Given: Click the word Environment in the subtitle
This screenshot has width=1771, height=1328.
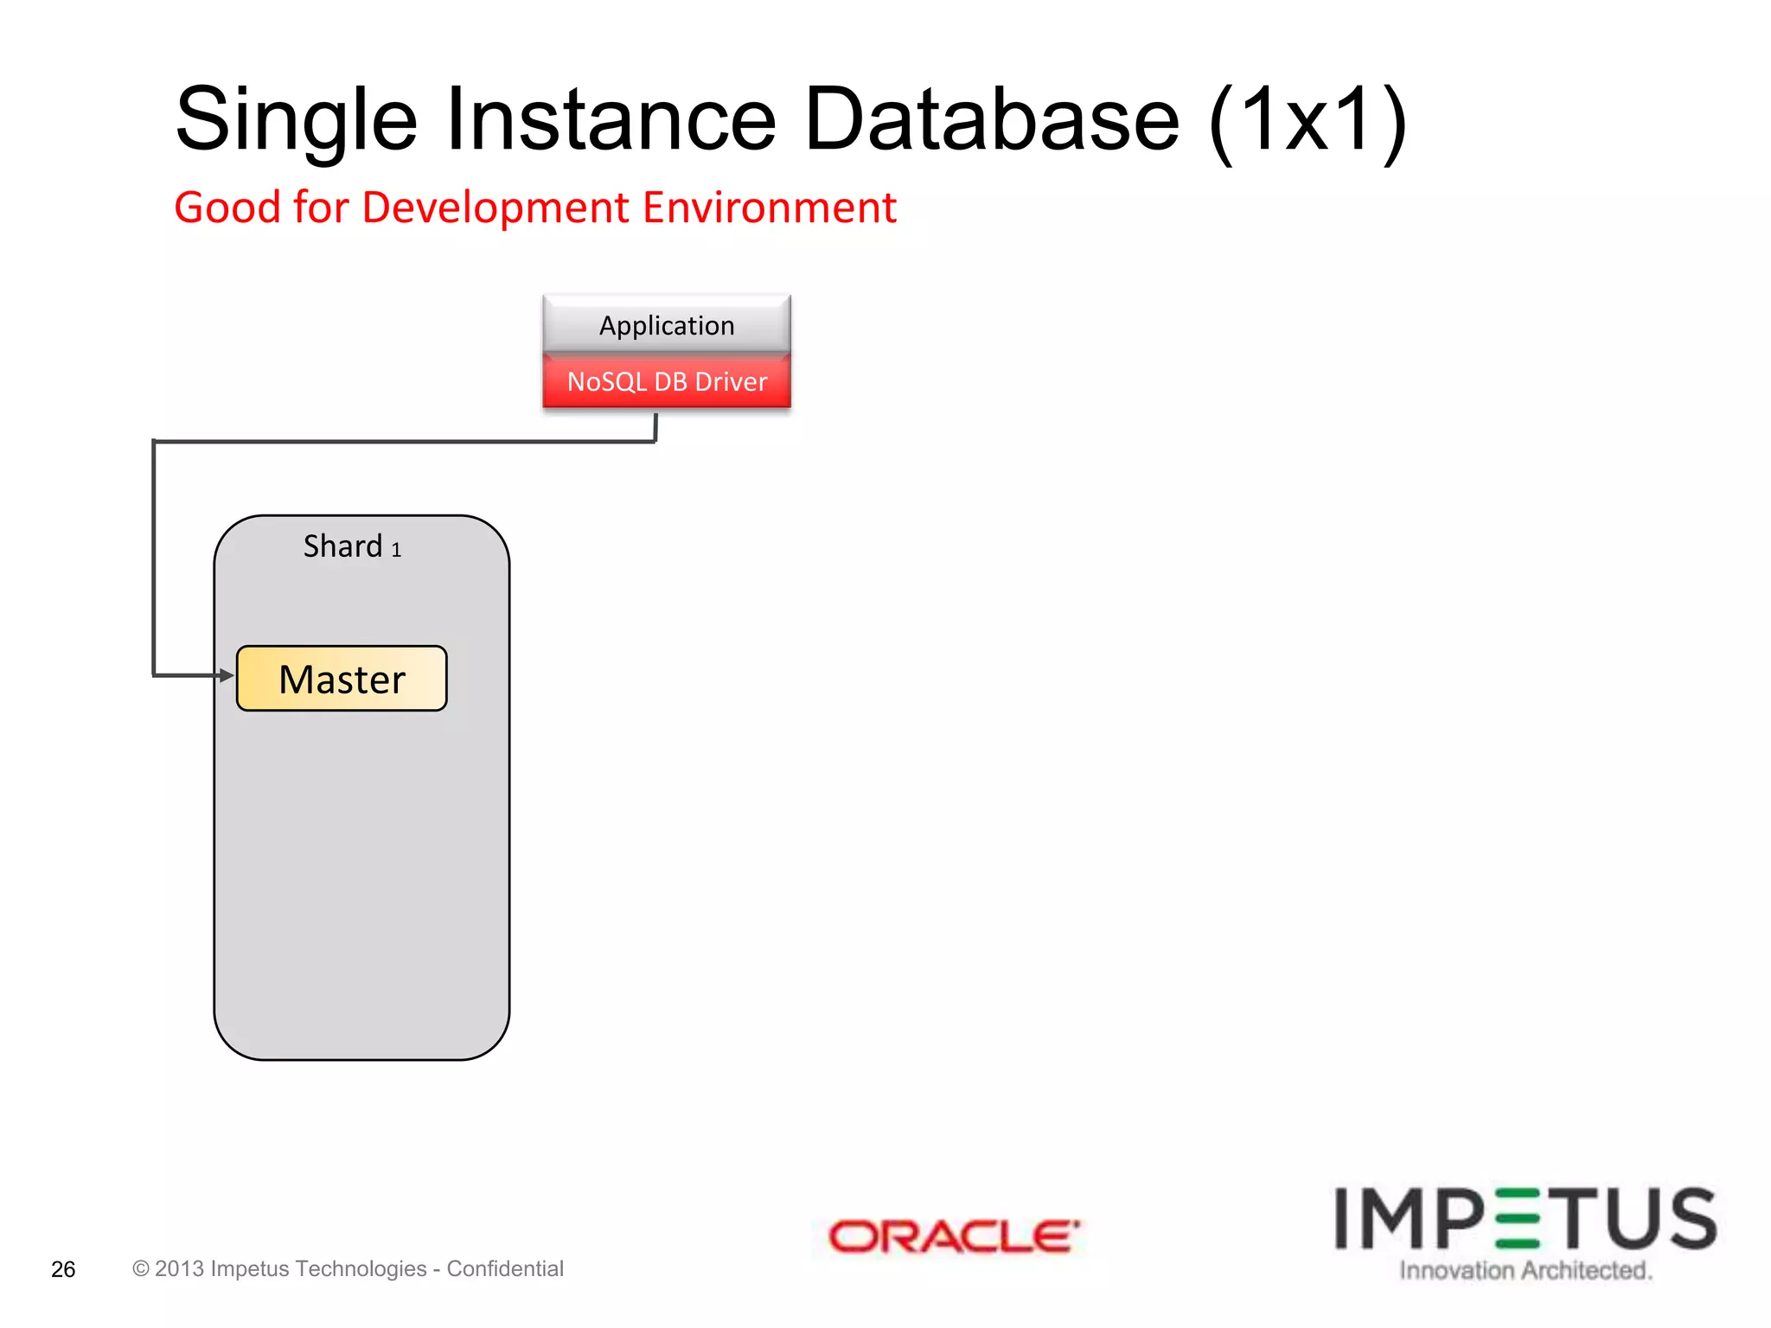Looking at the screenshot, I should click(x=769, y=208).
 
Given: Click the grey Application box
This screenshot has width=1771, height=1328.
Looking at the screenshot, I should click(x=667, y=325).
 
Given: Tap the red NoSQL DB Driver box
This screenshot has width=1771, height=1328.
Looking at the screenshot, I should click(x=667, y=381).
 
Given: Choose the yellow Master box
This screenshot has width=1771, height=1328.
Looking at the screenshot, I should click(x=342, y=679).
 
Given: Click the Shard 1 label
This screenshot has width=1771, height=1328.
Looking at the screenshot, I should click(x=352, y=546).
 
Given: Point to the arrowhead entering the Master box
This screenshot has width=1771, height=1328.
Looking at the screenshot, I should click(x=227, y=675).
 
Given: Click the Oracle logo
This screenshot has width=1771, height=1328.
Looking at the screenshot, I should click(x=953, y=1236).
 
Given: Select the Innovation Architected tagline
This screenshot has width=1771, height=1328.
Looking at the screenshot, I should click(x=1525, y=1270).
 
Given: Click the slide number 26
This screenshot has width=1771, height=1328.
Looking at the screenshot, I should click(x=63, y=1269).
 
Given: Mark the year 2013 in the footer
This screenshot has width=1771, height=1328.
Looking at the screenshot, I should click(x=179, y=1268).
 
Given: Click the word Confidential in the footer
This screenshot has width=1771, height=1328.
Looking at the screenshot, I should click(x=505, y=1268).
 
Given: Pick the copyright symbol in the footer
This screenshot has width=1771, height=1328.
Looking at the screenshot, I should click(x=140, y=1268).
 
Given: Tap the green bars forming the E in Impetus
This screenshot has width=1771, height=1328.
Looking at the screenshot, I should click(x=1516, y=1219).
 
